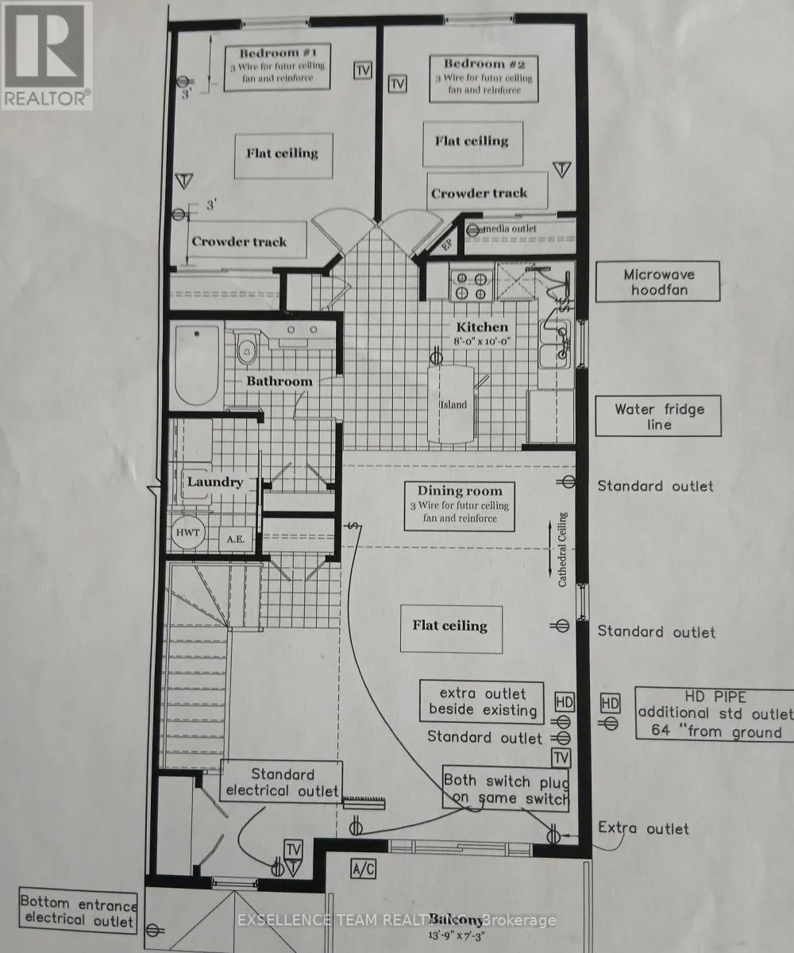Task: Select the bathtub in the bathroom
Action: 197,365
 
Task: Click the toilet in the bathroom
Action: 246,349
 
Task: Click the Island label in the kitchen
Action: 454,404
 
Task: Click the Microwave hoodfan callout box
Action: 658,283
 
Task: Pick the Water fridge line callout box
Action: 658,417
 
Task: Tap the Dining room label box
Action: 459,505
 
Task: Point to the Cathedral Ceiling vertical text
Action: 562,550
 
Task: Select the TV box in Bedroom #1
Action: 363,70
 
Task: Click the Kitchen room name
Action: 481,327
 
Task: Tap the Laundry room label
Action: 214,481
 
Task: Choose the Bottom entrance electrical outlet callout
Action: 78,911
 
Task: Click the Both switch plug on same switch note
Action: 506,789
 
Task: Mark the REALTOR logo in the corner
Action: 47,55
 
